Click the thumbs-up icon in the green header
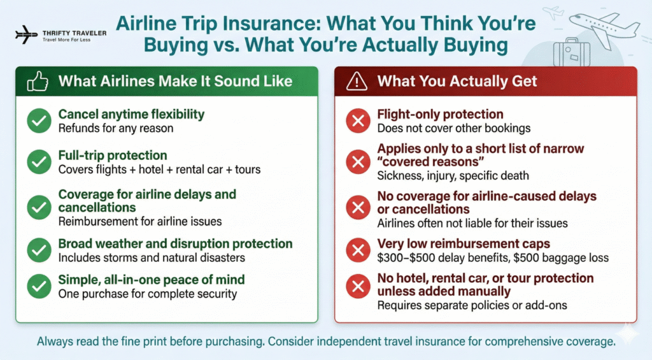[37, 81]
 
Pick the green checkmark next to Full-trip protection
[39, 162]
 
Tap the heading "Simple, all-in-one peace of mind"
[152, 280]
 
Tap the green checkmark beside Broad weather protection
[39, 250]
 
